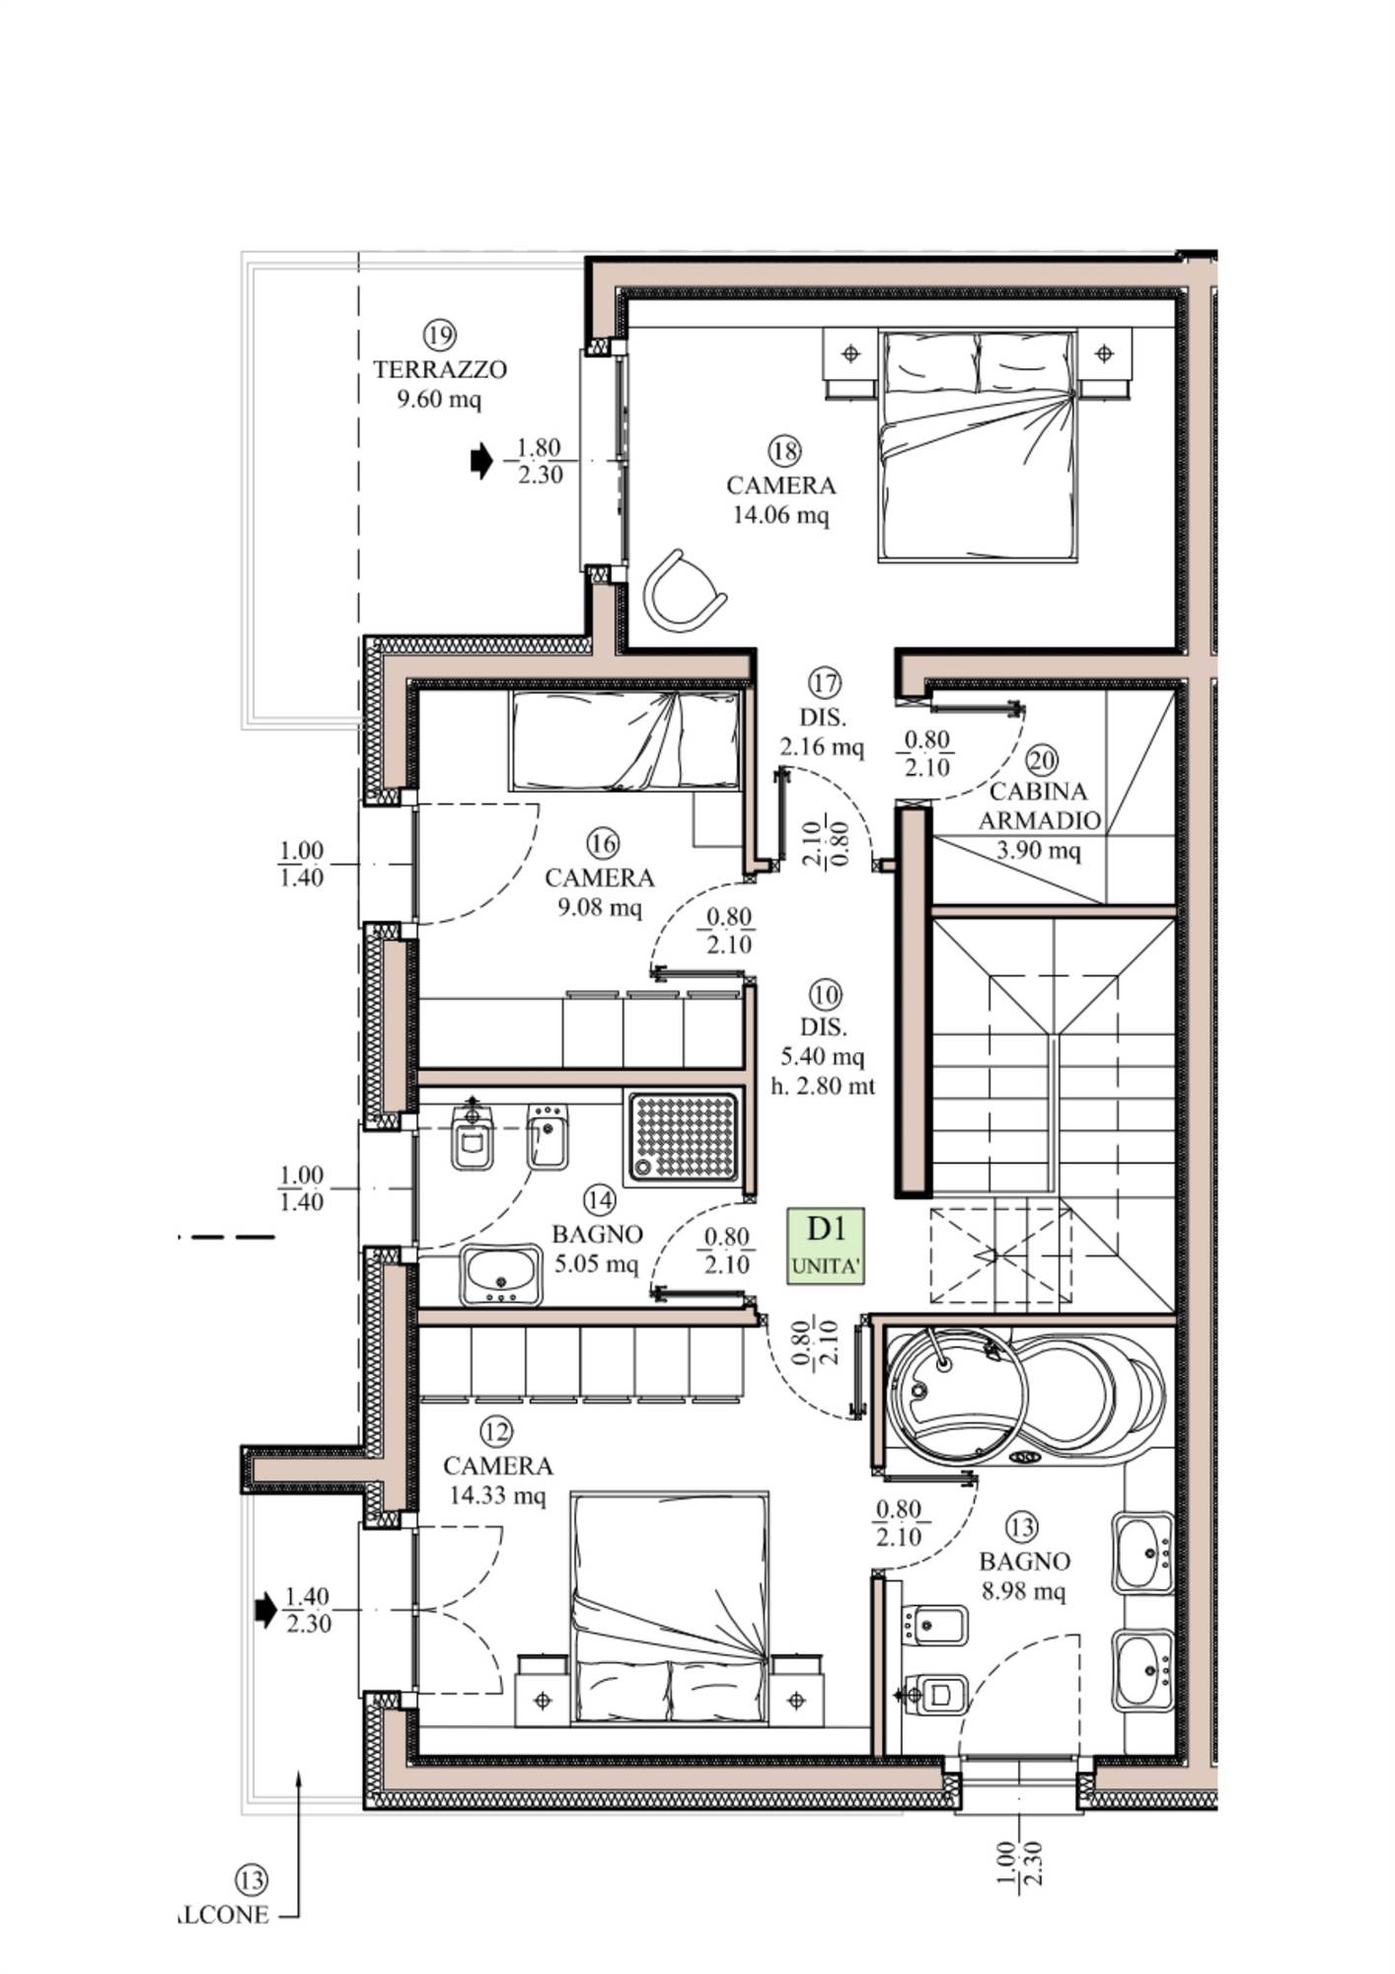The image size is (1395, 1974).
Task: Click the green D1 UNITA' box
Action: (x=826, y=1246)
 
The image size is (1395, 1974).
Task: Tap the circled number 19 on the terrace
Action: (x=440, y=335)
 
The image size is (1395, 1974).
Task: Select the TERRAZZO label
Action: (x=440, y=370)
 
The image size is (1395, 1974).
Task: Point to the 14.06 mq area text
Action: (x=780, y=514)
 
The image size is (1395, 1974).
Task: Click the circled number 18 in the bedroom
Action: (x=784, y=452)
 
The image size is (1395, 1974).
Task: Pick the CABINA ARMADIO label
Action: (x=1039, y=805)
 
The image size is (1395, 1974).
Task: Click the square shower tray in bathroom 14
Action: (x=682, y=1136)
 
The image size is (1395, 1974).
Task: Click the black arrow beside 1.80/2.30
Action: (x=481, y=460)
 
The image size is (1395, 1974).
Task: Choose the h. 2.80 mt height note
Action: (x=823, y=1087)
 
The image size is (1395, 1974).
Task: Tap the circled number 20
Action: (x=1042, y=760)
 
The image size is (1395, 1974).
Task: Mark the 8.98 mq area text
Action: (x=1023, y=1591)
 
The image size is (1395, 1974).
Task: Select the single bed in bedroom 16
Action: (x=625, y=740)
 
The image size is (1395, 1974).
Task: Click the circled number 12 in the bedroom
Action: (x=496, y=1431)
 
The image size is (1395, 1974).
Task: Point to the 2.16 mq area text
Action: (x=821, y=746)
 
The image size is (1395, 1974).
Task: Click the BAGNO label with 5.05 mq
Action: (x=597, y=1234)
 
